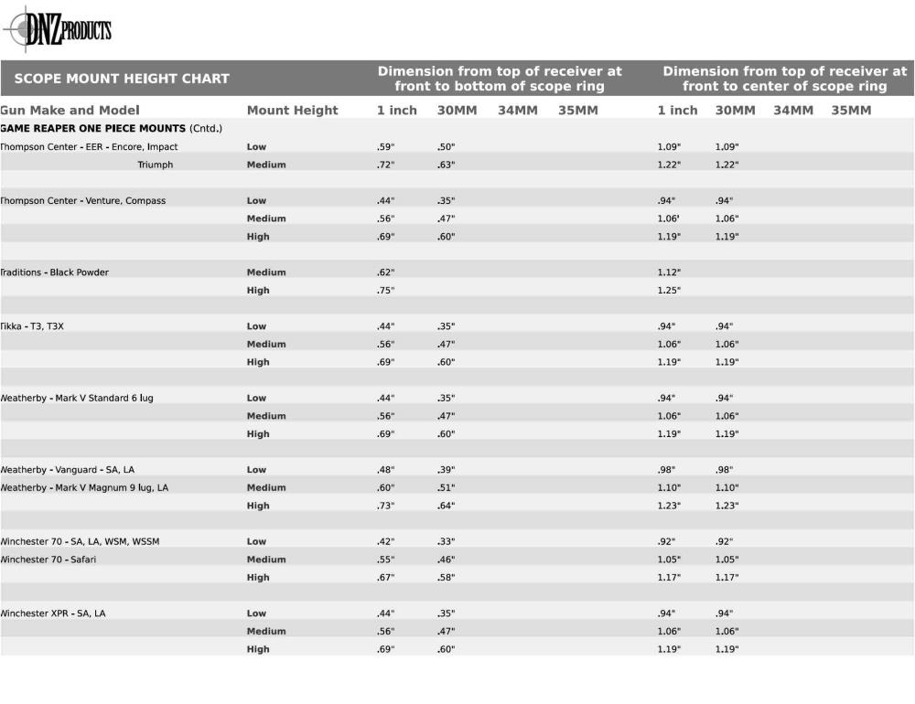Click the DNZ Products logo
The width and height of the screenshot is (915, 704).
coord(58,30)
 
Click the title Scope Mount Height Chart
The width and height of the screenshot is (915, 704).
coord(122,79)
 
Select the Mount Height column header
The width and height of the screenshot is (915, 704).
coord(292,111)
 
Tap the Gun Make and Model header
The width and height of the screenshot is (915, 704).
coord(70,111)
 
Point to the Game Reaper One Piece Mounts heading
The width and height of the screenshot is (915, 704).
coord(111,129)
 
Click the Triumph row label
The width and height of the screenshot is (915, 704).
coord(155,165)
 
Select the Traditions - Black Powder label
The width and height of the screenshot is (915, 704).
coord(54,272)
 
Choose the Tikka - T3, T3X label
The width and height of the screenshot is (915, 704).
coord(32,326)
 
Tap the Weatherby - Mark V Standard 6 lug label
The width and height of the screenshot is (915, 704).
coord(77,399)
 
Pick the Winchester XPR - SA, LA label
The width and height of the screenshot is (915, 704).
coord(52,613)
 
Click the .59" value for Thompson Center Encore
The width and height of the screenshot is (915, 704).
coord(385,147)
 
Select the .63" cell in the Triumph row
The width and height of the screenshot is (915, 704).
coord(446,165)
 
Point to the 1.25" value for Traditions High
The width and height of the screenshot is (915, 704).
coord(669,291)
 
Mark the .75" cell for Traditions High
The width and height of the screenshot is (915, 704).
coord(385,291)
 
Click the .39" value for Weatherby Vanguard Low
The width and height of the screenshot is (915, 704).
coord(446,470)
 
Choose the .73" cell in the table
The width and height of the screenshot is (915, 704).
coord(385,506)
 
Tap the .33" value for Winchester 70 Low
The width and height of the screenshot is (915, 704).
coord(446,542)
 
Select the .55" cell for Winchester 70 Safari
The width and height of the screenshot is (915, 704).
coord(385,560)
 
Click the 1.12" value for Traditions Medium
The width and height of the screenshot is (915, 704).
coord(669,272)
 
